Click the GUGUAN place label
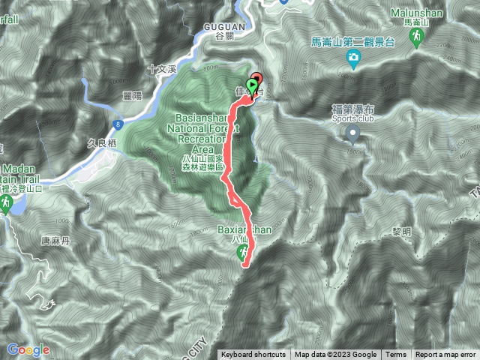[x=220, y=26]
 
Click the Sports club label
[x=350, y=118]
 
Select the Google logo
[x=28, y=349]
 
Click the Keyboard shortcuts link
[x=253, y=355]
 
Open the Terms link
[x=396, y=355]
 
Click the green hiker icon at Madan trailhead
[x=7, y=203]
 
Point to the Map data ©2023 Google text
[x=336, y=355]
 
